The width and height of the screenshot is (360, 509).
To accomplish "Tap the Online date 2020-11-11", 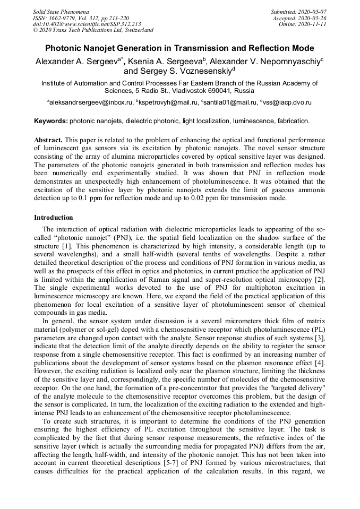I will [x=315, y=24].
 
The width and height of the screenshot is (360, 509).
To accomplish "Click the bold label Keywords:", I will [x=51, y=121].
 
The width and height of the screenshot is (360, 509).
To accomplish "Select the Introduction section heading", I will [x=54, y=218].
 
